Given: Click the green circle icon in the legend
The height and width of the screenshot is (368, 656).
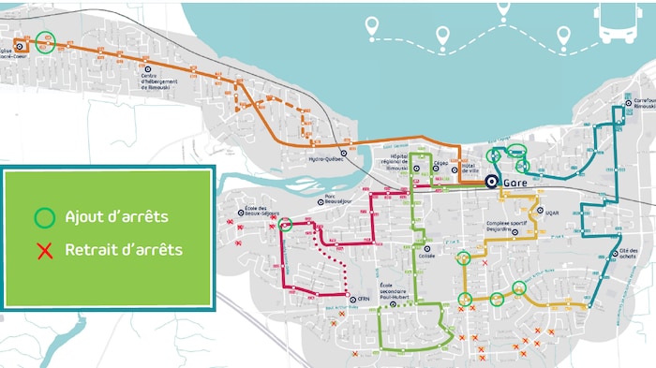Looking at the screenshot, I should click(44, 218).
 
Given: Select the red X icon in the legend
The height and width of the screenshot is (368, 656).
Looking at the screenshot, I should click(44, 250).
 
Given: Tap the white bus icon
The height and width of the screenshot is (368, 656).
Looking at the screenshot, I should click(619, 23).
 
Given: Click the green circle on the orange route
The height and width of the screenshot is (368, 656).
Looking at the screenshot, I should click(45, 40).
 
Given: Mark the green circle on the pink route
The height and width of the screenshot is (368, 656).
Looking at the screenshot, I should click(286, 224).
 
